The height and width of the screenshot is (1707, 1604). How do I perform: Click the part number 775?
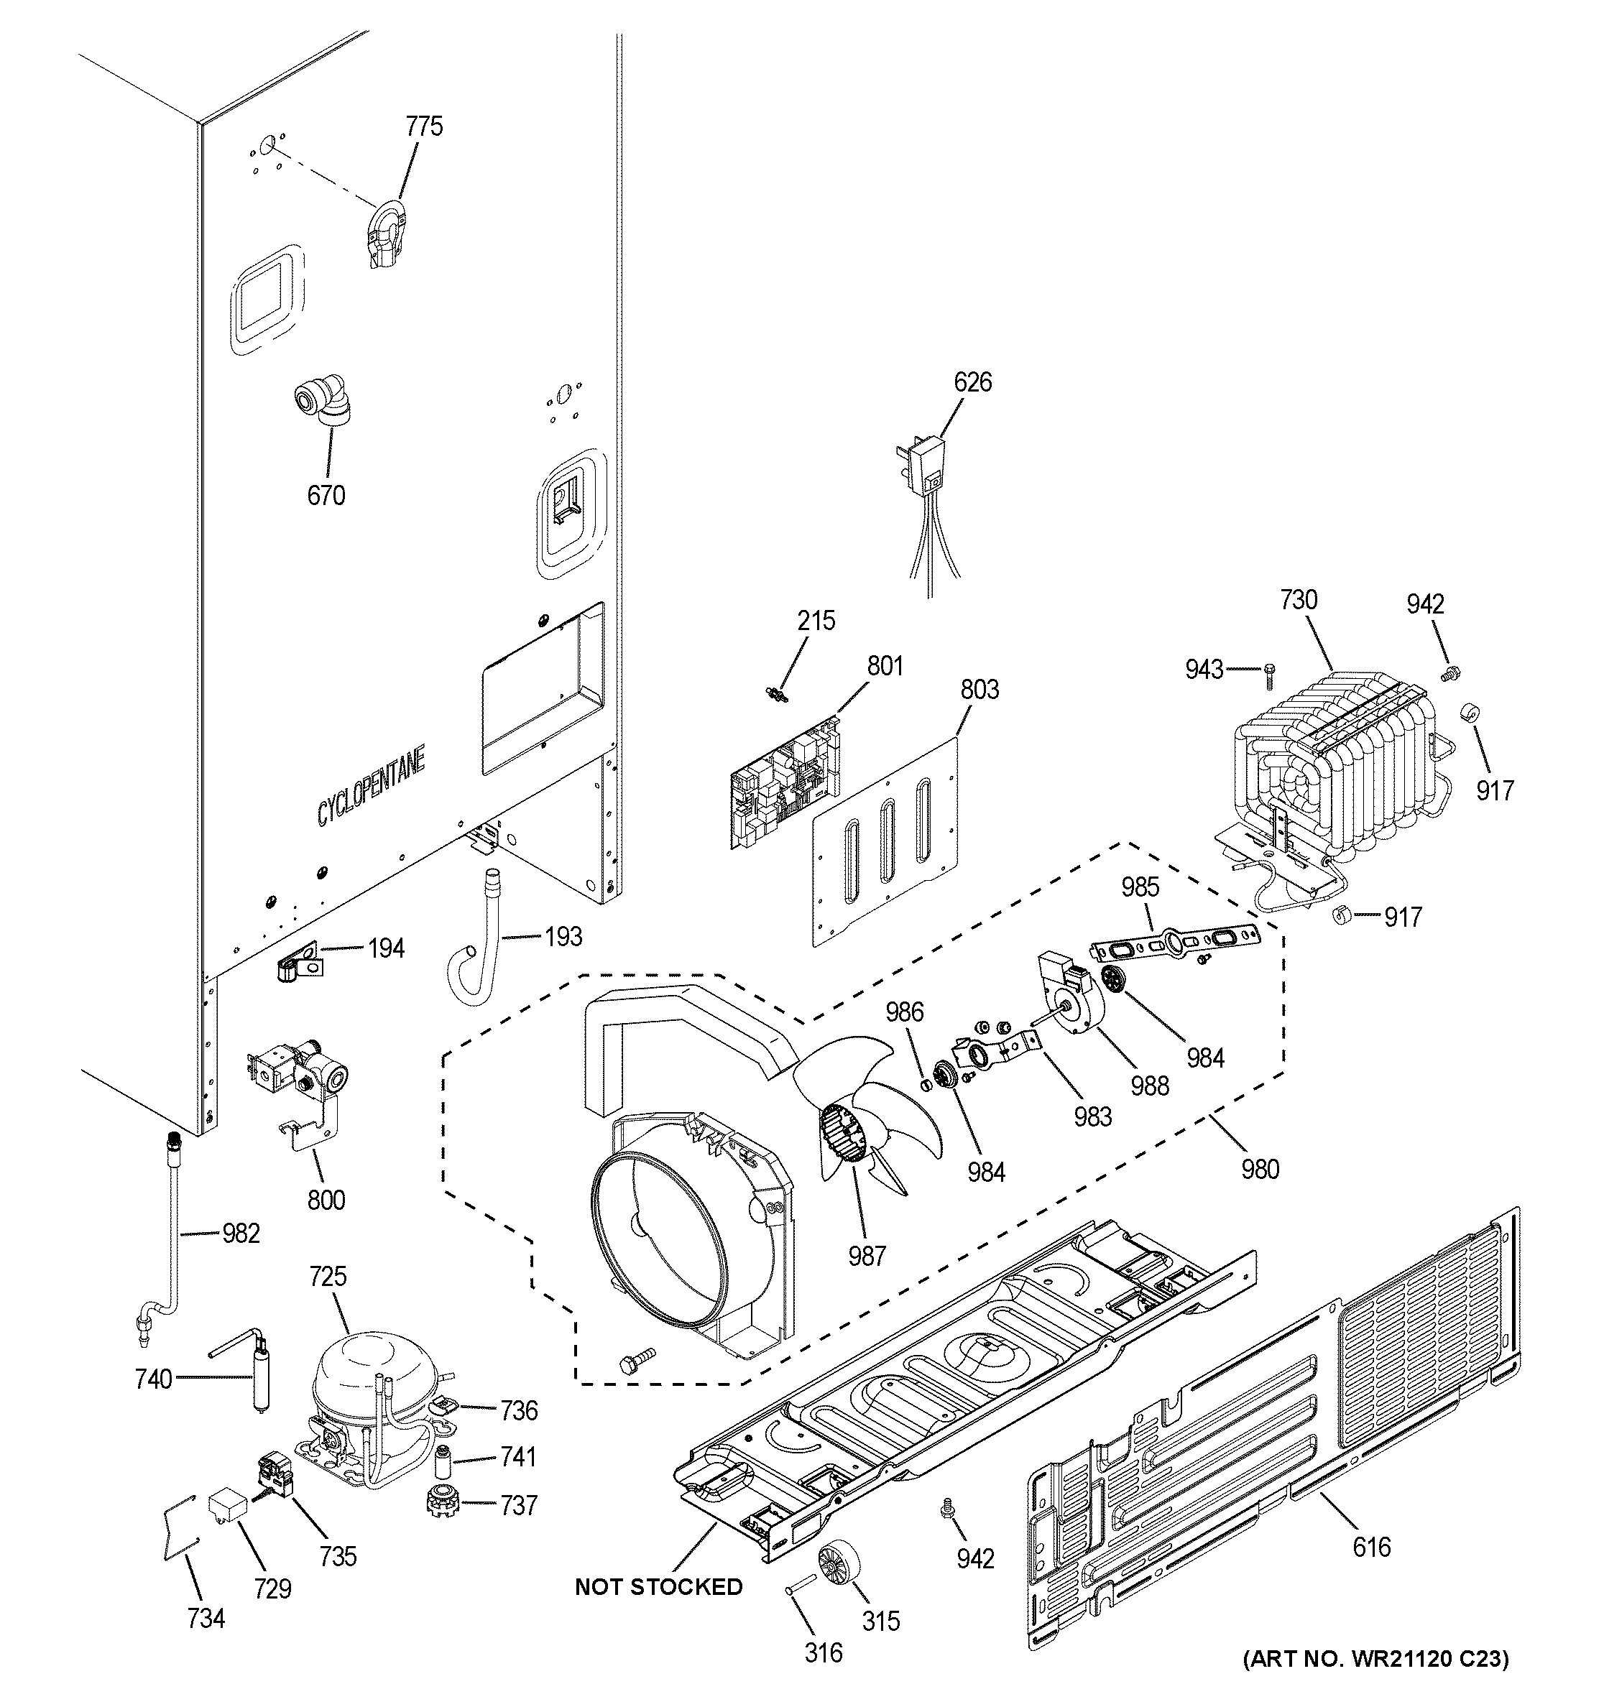[423, 126]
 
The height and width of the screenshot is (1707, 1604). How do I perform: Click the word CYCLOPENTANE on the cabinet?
[371, 787]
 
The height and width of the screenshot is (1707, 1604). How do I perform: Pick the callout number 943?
[1204, 669]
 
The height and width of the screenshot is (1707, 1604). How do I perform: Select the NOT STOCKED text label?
[658, 1587]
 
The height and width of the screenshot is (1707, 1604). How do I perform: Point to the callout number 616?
[1371, 1548]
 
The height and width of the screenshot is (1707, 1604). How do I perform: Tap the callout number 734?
[206, 1619]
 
